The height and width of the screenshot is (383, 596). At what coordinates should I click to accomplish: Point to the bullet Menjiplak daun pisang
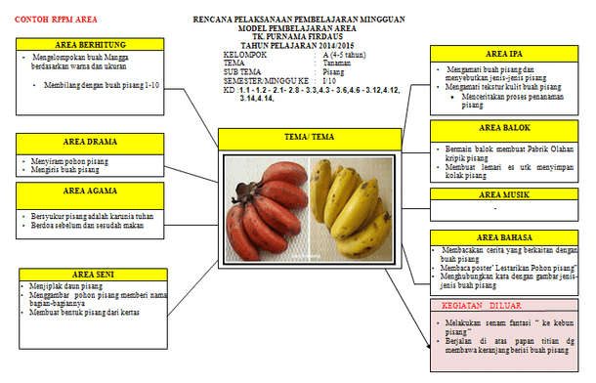tap(64, 286)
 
